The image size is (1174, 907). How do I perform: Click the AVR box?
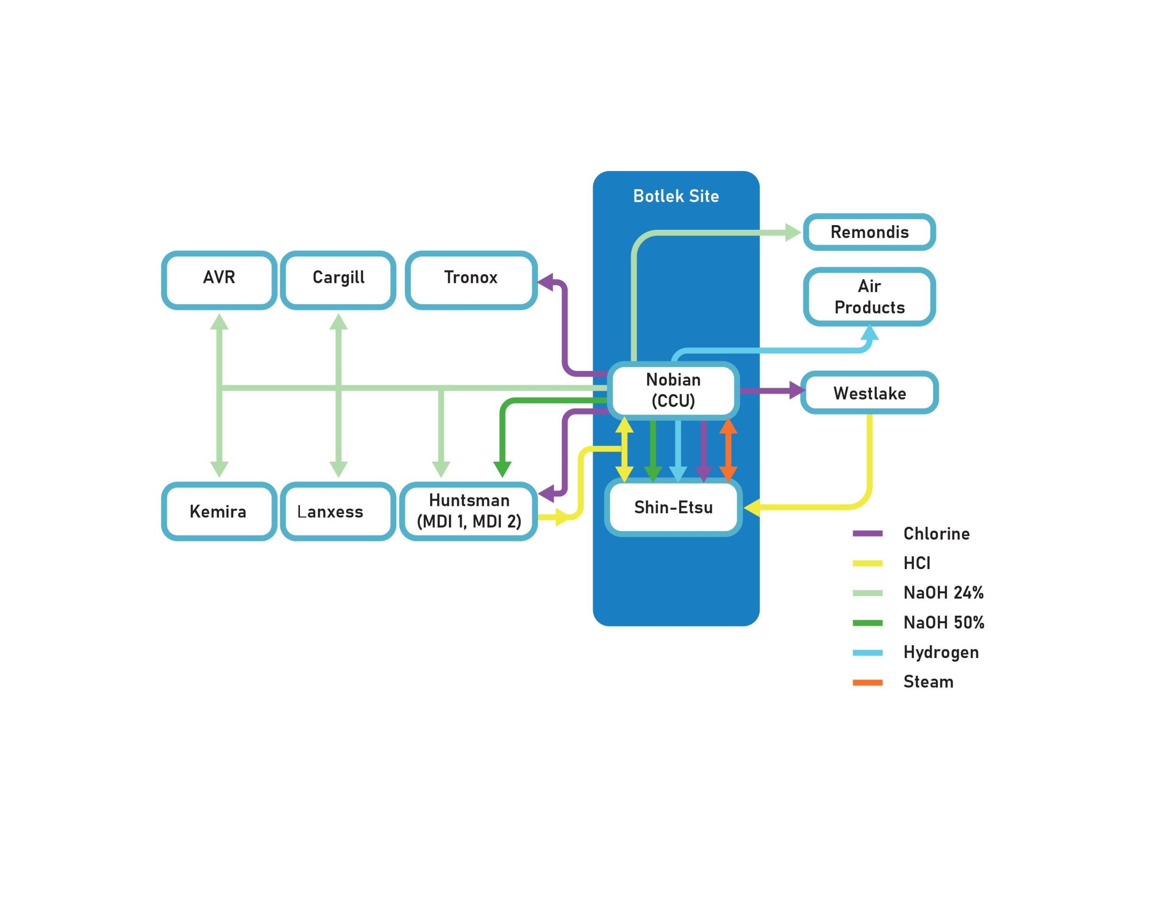pyautogui.click(x=219, y=280)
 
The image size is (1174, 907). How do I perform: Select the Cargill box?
pyautogui.click(x=338, y=280)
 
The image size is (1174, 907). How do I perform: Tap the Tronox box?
pyautogui.click(x=471, y=280)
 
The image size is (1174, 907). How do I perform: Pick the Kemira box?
pyautogui.click(x=219, y=511)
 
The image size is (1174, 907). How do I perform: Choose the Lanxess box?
pyautogui.click(x=338, y=511)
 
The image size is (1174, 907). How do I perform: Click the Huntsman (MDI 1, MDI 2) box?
pyautogui.click(x=469, y=511)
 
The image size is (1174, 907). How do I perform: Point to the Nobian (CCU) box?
pyautogui.click(x=673, y=390)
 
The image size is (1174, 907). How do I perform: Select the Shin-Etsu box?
pyautogui.click(x=673, y=508)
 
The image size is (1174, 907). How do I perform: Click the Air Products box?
pyautogui.click(x=869, y=297)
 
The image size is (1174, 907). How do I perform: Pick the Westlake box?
pyautogui.click(x=869, y=393)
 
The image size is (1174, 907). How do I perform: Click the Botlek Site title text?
pyautogui.click(x=676, y=196)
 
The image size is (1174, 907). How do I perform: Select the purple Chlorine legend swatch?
pyautogui.click(x=867, y=533)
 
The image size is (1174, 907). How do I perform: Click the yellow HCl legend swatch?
pyautogui.click(x=867, y=563)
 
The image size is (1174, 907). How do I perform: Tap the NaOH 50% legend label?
pyautogui.click(x=943, y=623)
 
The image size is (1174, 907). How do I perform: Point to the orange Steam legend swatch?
pyautogui.click(x=867, y=682)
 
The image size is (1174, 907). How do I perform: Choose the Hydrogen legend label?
pyautogui.click(x=941, y=652)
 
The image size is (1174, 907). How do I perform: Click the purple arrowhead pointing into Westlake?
pyautogui.click(x=797, y=390)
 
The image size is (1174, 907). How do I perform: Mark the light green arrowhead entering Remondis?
pyautogui.click(x=792, y=233)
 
